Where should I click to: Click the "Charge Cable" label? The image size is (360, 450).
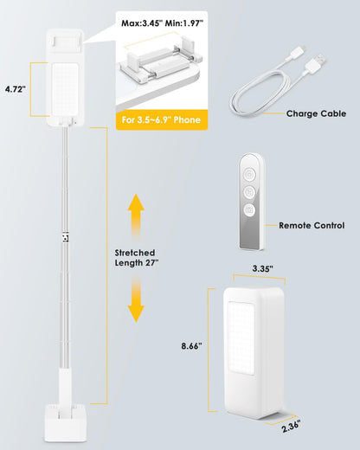tap(315, 113)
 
